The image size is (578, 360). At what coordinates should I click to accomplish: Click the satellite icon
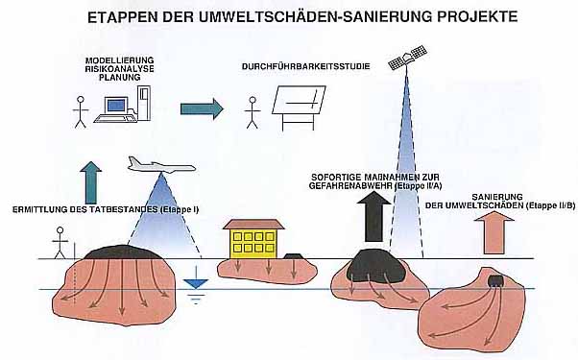click(x=407, y=58)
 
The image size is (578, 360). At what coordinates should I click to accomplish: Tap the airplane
click(x=161, y=165)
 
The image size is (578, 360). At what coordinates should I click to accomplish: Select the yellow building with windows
click(x=254, y=239)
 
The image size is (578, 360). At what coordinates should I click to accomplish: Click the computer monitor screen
click(x=116, y=105)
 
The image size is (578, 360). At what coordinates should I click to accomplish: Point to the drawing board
click(x=299, y=108)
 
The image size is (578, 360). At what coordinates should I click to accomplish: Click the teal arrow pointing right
click(x=202, y=108)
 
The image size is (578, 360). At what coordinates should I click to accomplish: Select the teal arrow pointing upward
click(x=90, y=182)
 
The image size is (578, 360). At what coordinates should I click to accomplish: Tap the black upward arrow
click(x=373, y=217)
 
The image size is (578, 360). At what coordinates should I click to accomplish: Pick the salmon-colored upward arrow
click(x=494, y=233)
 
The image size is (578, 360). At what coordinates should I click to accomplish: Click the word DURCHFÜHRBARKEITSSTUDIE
click(x=305, y=66)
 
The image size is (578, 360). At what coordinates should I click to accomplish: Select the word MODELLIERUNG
click(x=119, y=60)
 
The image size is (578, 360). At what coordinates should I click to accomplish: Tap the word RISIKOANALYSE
click(x=119, y=69)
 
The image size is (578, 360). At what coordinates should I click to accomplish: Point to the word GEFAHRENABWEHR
click(x=350, y=186)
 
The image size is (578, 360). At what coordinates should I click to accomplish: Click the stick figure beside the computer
click(x=81, y=112)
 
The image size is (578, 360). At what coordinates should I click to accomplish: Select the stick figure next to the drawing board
click(x=253, y=112)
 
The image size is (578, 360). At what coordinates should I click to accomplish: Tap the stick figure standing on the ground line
click(x=60, y=243)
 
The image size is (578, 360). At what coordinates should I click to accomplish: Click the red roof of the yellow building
click(x=254, y=224)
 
